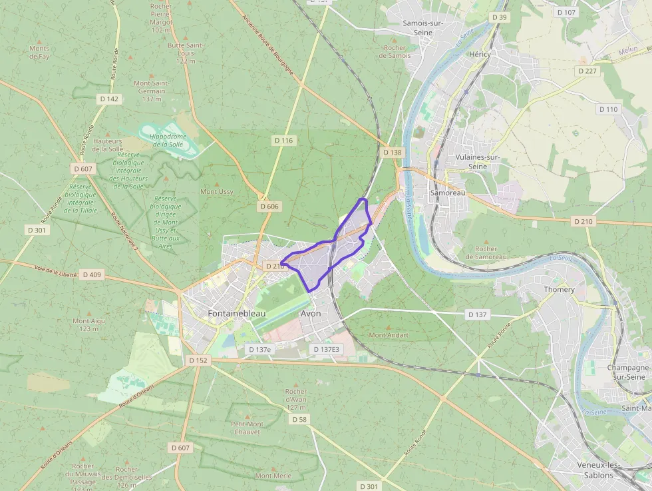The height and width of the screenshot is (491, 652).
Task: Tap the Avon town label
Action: click(x=311, y=313)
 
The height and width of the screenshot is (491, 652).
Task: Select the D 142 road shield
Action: click(x=108, y=99)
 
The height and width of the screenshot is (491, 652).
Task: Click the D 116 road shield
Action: click(x=283, y=141)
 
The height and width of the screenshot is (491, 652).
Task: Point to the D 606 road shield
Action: click(x=269, y=207)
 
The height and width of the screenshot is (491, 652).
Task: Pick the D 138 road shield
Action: click(x=393, y=153)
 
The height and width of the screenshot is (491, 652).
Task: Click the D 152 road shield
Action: click(x=198, y=360)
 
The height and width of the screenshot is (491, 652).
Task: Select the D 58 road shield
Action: click(x=299, y=419)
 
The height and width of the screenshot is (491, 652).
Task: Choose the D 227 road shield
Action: click(x=587, y=71)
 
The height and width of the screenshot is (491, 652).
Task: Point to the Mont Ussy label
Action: click(x=217, y=192)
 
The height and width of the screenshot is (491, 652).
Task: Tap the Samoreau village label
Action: click(x=448, y=193)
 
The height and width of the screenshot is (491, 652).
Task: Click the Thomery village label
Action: click(x=560, y=290)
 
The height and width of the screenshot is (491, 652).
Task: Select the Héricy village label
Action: click(x=480, y=54)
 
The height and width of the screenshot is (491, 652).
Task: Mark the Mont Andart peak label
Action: click(x=389, y=335)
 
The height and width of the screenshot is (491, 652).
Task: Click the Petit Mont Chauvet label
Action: click(x=247, y=428)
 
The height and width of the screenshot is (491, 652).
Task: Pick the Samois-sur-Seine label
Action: click(x=423, y=27)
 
